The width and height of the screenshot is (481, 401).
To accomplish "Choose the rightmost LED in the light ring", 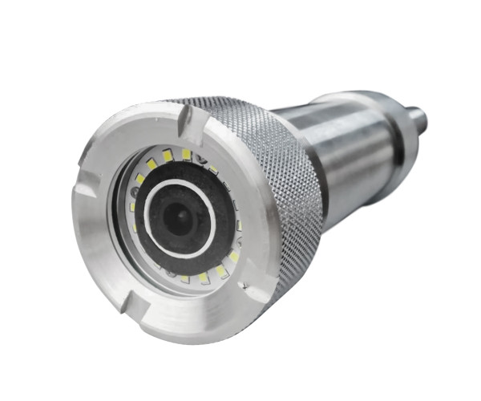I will point(238,225).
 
